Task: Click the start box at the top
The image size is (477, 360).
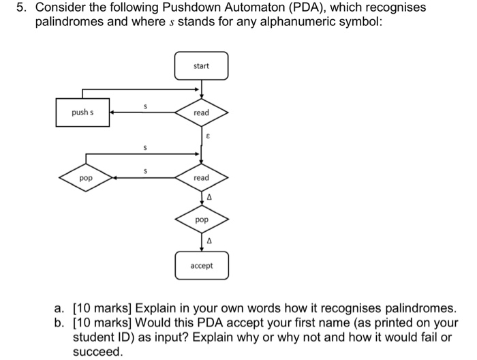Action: (x=201, y=66)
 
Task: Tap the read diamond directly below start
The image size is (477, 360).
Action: (x=201, y=112)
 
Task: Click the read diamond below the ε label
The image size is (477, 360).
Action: (x=201, y=177)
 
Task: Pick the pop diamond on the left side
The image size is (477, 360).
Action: (x=85, y=177)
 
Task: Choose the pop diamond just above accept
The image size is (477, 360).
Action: (x=201, y=221)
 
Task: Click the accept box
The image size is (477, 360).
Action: (x=201, y=265)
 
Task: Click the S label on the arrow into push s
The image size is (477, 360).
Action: (x=144, y=105)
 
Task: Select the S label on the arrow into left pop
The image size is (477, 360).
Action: (x=144, y=170)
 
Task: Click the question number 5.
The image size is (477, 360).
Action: (x=22, y=8)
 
